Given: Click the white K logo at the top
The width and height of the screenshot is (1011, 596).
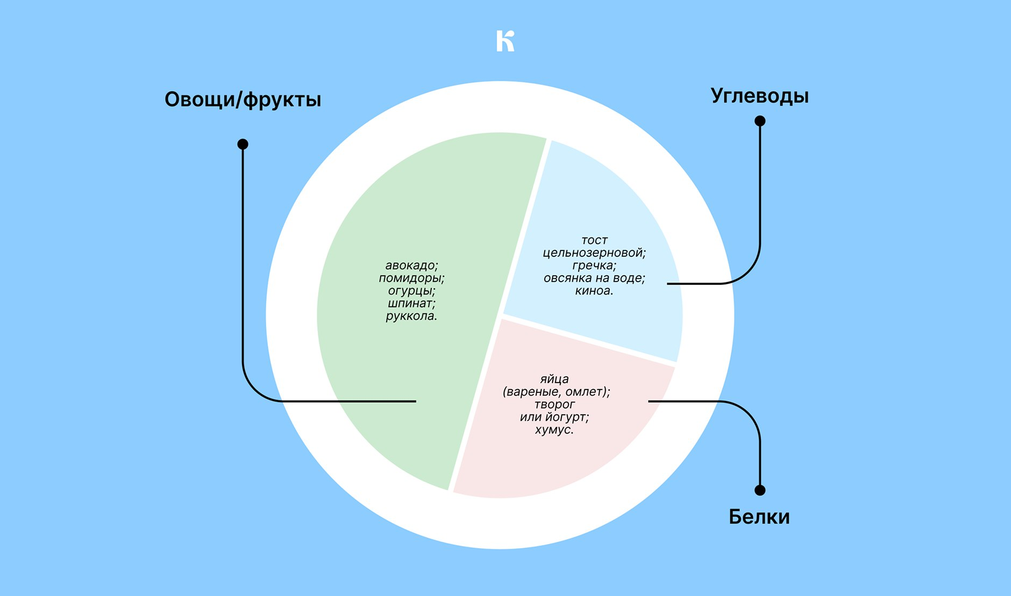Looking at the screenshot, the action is coord(505,41).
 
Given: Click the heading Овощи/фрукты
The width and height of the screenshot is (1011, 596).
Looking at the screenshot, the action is coord(243,100).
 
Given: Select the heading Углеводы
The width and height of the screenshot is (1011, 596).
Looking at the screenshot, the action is coord(760,96).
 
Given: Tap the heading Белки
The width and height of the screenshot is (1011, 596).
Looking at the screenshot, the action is coord(759,516).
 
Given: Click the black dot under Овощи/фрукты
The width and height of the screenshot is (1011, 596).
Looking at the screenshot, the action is coord(243,144).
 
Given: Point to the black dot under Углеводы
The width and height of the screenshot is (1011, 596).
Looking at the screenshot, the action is coord(760,121).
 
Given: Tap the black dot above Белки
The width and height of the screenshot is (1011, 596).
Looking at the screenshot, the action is coord(760,490).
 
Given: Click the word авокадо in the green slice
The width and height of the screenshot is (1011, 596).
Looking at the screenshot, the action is coord(410,265).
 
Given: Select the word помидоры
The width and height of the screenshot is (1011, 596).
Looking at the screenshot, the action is coord(410,278).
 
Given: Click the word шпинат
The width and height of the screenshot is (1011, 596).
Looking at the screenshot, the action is coord(410,304).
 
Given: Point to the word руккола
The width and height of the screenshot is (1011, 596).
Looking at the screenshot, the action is coord(410,317).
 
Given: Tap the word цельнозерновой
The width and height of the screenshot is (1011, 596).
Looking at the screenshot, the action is coord(593,253).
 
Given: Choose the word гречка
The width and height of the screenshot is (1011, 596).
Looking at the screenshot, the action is coord(593,265).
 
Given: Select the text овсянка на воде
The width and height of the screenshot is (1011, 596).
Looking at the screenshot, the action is coord(593,278).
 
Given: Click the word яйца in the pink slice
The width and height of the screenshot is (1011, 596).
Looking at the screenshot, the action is coord(554,379).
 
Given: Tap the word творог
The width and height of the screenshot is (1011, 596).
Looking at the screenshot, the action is coord(554,405).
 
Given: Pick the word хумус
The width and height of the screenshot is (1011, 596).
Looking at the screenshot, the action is coord(553,430).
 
